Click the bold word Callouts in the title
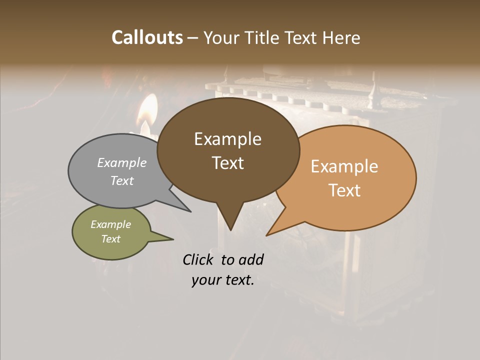[147, 37]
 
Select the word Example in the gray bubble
[122, 162]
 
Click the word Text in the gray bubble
[122, 180]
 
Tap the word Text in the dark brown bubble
[227, 162]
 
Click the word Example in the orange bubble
[344, 166]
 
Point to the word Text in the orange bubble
[344, 190]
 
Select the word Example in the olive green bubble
[110, 224]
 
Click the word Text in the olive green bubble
[110, 239]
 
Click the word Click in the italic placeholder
[199, 259]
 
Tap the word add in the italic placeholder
[250, 259]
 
